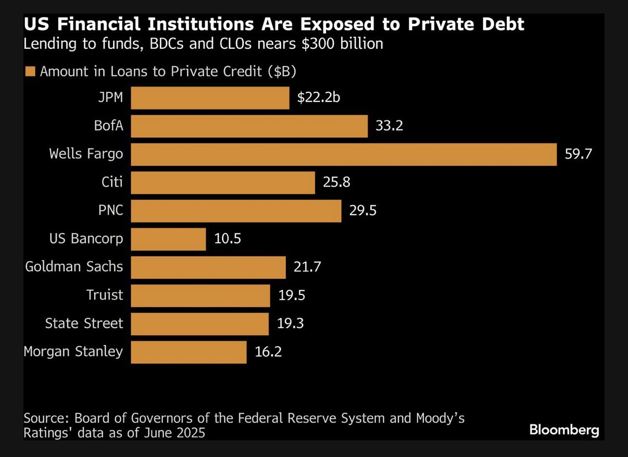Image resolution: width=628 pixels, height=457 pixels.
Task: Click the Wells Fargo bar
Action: point(344,154)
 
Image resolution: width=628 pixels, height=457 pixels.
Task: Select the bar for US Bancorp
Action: point(168,239)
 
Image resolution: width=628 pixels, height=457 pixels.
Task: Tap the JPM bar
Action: point(210,98)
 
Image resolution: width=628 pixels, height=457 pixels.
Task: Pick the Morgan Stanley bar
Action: point(189,352)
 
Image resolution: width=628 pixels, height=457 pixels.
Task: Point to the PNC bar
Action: point(236,211)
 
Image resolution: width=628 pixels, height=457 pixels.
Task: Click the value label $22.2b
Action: point(318,98)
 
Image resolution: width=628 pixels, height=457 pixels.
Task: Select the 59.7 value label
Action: point(578,154)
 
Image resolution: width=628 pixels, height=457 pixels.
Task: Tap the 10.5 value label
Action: point(228,239)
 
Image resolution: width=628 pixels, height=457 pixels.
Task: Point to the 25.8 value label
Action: point(336,182)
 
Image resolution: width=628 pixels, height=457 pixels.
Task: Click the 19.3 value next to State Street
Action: point(290,324)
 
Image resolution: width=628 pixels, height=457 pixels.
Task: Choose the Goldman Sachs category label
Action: point(74,267)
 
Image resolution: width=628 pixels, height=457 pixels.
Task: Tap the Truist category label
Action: point(105,295)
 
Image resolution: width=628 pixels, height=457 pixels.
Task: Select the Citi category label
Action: point(112,182)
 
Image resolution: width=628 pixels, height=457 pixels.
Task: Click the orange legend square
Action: point(30,72)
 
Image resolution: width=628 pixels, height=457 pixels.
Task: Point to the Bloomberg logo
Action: point(564,430)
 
